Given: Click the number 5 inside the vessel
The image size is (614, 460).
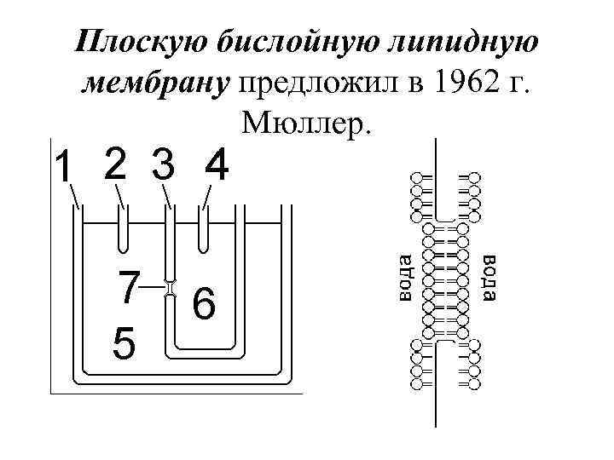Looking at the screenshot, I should [x=124, y=344].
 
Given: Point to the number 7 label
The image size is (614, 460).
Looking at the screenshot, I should [x=128, y=288].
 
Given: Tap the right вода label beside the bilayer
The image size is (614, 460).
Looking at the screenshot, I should [x=489, y=277].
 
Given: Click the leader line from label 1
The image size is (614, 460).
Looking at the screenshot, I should [x=75, y=198].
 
